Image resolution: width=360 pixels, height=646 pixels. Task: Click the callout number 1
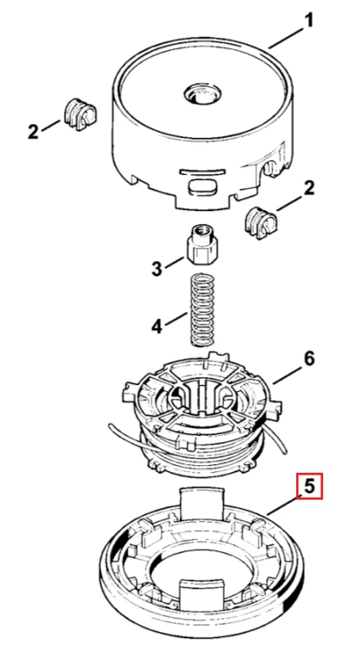(308, 21)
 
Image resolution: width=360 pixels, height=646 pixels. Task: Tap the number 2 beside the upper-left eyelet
(33, 132)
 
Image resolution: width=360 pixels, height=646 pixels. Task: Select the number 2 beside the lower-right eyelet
(308, 188)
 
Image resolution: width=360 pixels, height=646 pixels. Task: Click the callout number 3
(157, 269)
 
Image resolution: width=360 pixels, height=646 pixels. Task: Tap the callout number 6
(309, 359)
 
